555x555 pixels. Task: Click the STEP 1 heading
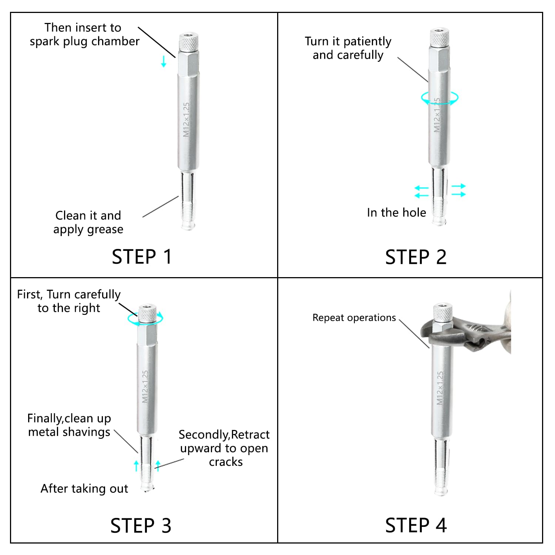142,257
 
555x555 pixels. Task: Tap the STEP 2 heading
416,257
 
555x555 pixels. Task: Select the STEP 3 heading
141,525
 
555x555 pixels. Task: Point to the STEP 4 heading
416,525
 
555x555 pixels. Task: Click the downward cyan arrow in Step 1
164,61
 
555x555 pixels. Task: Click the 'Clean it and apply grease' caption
88,222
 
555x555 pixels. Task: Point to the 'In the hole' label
396,213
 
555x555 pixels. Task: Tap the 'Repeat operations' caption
354,318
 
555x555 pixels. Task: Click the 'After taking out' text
84,489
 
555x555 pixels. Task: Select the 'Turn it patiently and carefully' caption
348,48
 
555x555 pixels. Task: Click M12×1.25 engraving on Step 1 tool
186,119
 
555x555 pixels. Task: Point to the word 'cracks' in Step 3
226,462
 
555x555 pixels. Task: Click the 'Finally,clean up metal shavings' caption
69,425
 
